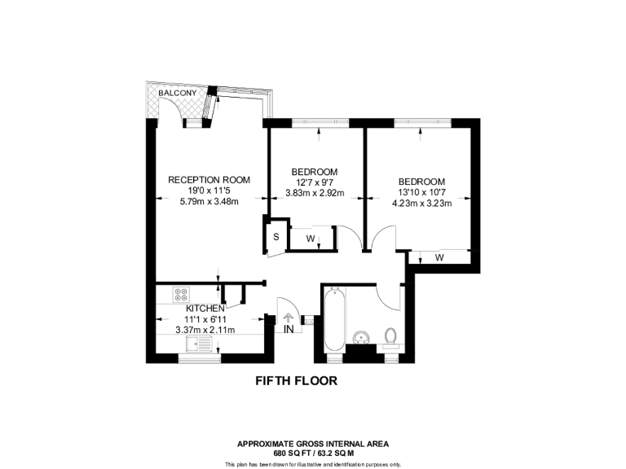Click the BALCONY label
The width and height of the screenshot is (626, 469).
[177, 94]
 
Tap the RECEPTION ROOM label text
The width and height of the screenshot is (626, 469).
[209, 180]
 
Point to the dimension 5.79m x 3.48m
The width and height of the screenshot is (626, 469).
[209, 202]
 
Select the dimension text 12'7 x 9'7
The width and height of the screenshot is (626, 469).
[315, 182]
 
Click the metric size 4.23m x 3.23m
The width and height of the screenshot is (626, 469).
[421, 204]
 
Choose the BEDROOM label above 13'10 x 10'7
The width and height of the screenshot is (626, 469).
[421, 182]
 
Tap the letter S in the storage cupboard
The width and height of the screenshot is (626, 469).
[276, 237]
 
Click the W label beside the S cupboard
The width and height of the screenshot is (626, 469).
[311, 239]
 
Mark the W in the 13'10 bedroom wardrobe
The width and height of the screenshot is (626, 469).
[439, 258]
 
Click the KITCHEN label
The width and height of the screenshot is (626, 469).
[205, 309]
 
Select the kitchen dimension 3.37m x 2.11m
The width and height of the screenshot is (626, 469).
[205, 331]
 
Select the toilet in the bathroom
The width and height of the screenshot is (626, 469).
[390, 336]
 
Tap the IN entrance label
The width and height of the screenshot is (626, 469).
[289, 330]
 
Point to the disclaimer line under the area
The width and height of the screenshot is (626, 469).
[313, 464]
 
